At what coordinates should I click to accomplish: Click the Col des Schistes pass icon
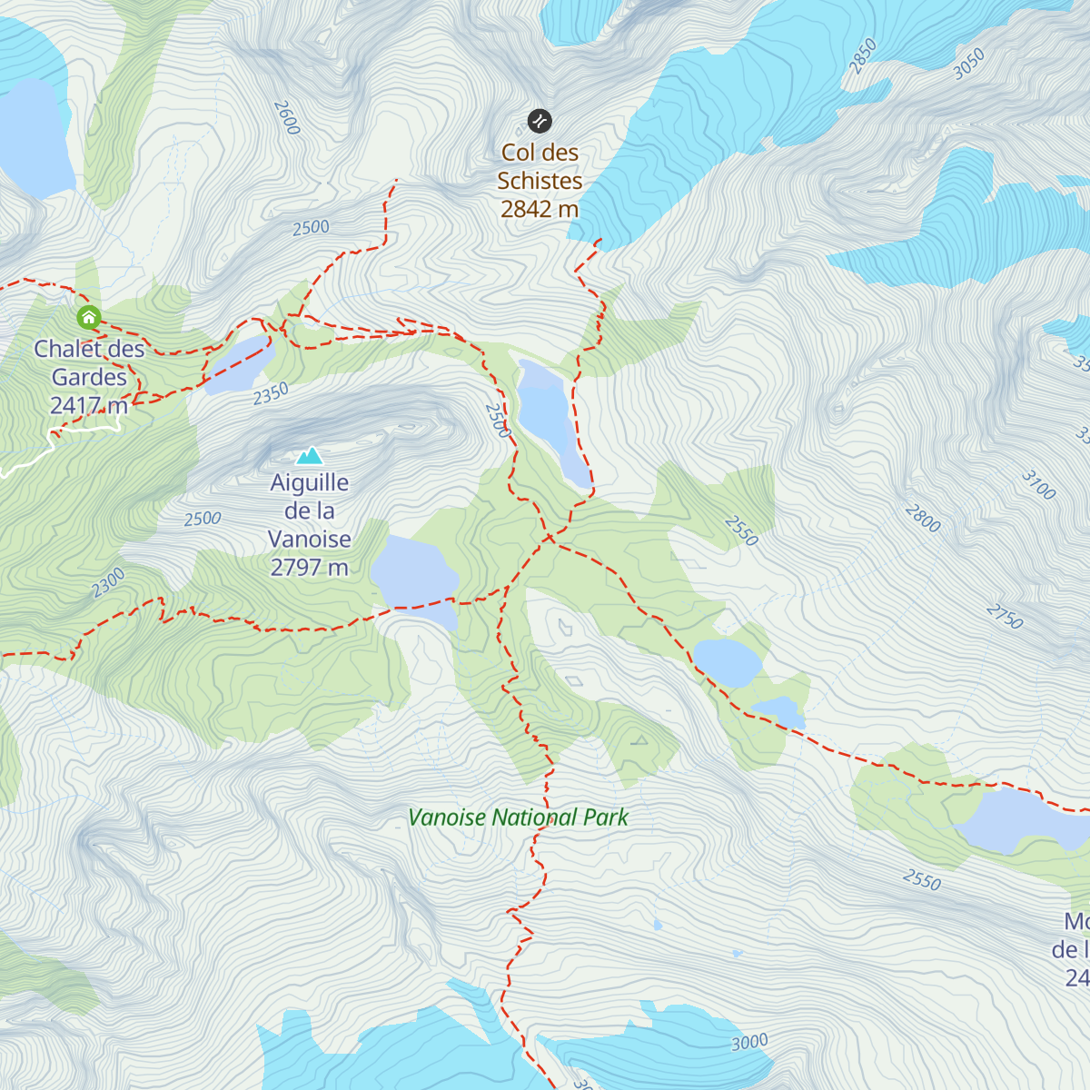[540, 120]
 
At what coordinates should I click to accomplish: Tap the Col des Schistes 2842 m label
[540, 181]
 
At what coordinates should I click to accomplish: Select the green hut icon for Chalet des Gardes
[88, 317]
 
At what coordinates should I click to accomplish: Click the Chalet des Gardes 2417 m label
[89, 377]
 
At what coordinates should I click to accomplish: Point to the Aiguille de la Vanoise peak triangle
[310, 455]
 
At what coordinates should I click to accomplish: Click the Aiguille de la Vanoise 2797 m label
[310, 525]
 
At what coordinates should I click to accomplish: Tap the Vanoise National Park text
[518, 817]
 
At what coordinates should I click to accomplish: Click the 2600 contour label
[286, 118]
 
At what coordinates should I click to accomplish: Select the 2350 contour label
[271, 393]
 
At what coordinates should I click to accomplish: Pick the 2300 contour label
[108, 582]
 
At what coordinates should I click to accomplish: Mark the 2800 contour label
[922, 519]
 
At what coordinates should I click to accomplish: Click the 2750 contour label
[1005, 617]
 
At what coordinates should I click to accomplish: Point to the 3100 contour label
[1038, 485]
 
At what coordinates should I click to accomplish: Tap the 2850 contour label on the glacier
[862, 55]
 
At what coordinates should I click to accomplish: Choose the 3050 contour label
[968, 64]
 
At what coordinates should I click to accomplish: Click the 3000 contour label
[749, 1042]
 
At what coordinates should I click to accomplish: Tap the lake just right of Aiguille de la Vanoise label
[413, 577]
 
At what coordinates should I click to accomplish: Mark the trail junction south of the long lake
[550, 539]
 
